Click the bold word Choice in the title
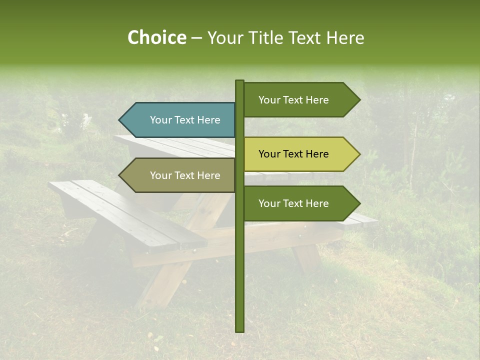point(156,38)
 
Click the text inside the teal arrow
point(185,120)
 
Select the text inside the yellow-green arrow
point(293,154)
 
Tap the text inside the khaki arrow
point(185,175)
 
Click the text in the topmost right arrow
point(293,100)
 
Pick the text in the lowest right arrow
point(293,203)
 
